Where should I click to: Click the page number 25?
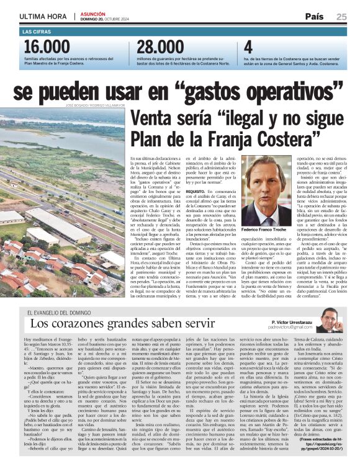[342, 17]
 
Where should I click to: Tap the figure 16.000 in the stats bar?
[47, 48]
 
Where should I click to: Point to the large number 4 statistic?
[248, 48]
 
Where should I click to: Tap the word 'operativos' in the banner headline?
[291, 92]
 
